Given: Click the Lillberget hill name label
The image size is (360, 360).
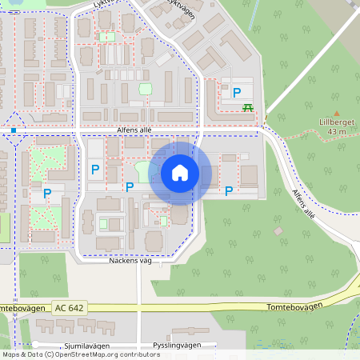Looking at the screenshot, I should click(x=336, y=122).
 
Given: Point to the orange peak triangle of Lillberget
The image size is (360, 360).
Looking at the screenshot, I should click(x=336, y=113).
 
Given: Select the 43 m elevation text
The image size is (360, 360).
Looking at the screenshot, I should click(x=336, y=131).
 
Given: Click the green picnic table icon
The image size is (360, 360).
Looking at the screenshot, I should click(x=249, y=107).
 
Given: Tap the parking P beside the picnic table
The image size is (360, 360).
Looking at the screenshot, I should click(x=237, y=93).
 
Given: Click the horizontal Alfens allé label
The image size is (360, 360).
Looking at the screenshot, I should click(x=134, y=130).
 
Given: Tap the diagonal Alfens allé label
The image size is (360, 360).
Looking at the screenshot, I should click(x=304, y=203).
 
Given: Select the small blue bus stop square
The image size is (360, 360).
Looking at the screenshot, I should click(x=14, y=129).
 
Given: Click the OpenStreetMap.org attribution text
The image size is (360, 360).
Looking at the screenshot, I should click(x=102, y=354).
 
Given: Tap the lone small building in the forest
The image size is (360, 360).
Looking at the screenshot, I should click(x=278, y=231).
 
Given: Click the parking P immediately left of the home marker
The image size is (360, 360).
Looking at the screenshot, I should click(x=130, y=186).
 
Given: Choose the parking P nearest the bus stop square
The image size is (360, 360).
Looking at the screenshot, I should click(x=47, y=193).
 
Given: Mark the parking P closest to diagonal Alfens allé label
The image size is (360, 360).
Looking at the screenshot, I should click(x=229, y=190).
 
